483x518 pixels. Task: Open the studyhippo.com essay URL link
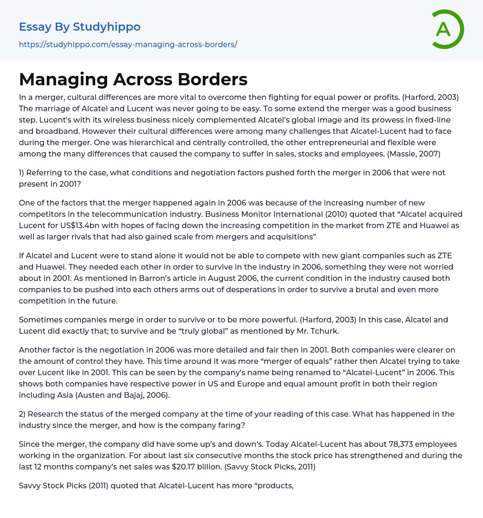click(128, 44)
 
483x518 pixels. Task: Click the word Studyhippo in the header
click(107, 27)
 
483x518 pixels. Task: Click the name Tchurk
click(325, 331)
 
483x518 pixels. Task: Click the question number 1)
click(24, 173)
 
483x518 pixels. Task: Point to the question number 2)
click(25, 414)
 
